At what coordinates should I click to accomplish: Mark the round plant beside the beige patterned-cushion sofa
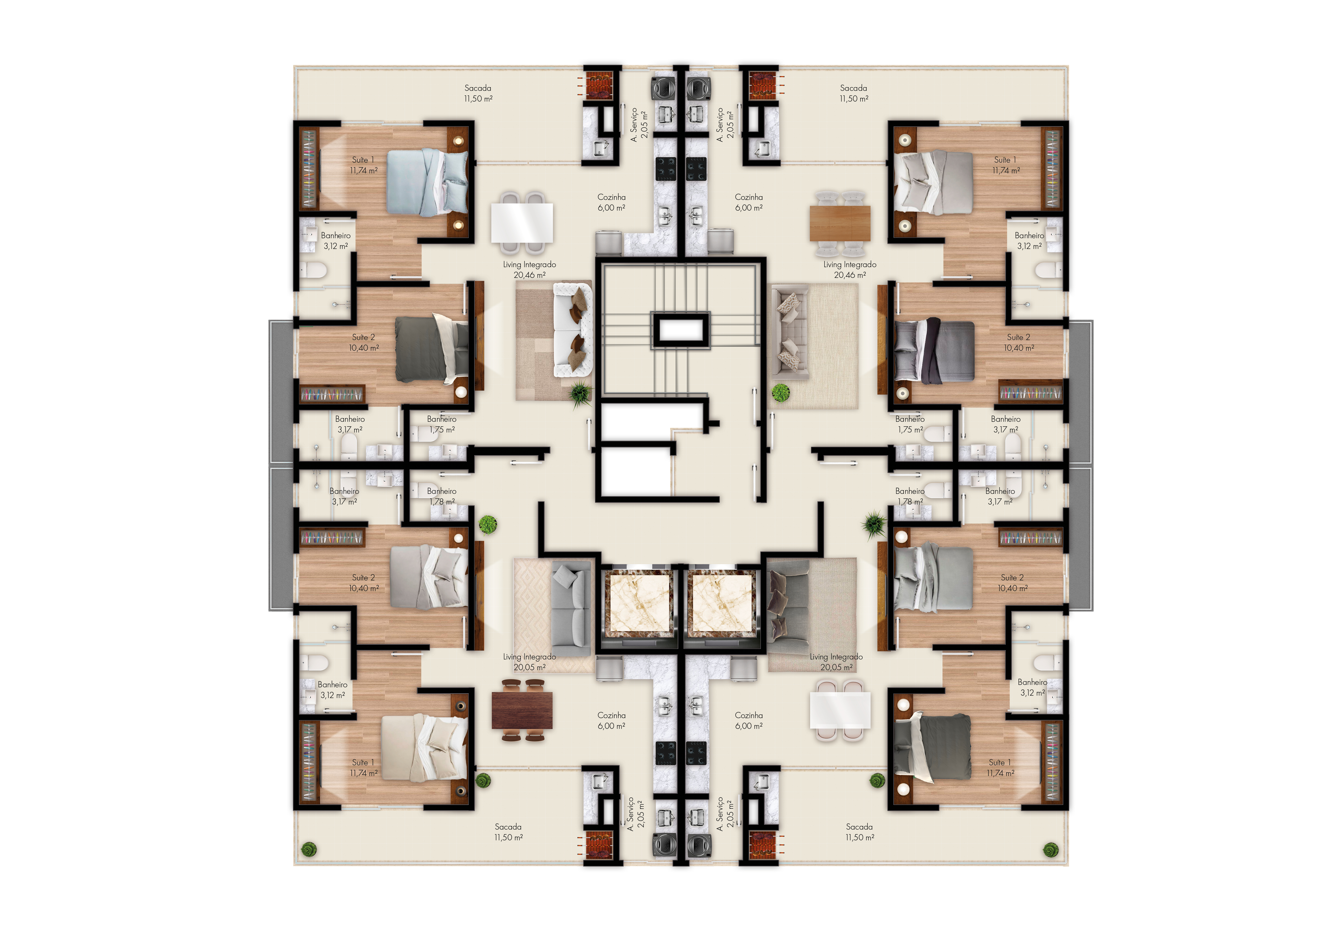781,393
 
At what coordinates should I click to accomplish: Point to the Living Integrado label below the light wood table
850,264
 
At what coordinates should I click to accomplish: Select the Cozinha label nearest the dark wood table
611,715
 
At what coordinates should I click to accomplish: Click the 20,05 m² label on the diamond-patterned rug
529,667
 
